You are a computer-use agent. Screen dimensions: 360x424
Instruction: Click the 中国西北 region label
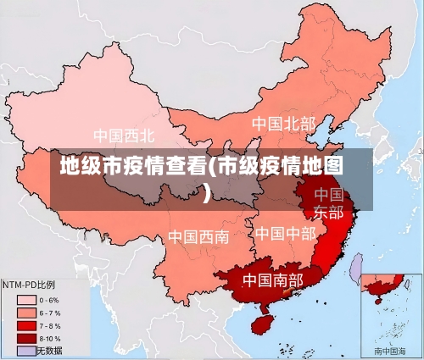(124, 136)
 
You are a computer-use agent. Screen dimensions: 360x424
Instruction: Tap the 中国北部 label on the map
(283, 124)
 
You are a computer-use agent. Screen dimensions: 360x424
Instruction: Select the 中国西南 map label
(198, 236)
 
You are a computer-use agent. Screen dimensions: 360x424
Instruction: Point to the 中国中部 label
(285, 232)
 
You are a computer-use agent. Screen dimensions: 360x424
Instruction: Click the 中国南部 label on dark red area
(272, 279)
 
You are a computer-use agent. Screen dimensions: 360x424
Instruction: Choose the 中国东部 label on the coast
(329, 203)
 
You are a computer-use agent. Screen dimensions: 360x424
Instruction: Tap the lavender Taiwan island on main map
(356, 269)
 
